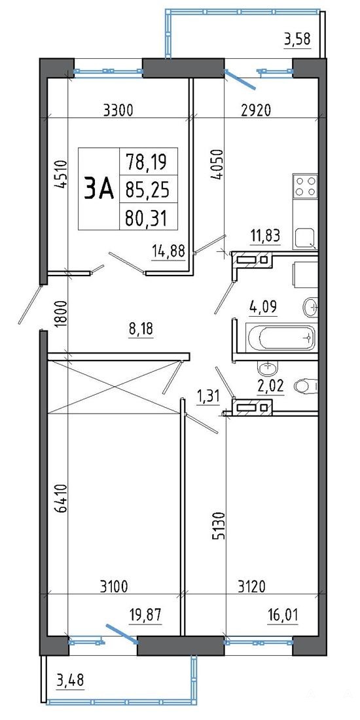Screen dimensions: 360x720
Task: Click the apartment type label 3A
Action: click(98, 189)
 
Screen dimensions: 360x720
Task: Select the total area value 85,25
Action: click(148, 189)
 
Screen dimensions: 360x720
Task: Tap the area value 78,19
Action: click(148, 161)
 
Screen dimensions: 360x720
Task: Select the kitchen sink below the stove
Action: click(305, 238)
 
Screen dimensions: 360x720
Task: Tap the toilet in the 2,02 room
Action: click(306, 386)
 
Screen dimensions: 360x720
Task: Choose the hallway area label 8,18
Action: click(139, 329)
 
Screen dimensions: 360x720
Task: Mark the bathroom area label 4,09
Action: click(264, 306)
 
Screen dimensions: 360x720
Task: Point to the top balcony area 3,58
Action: click(298, 39)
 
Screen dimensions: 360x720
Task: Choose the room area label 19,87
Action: click(147, 615)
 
